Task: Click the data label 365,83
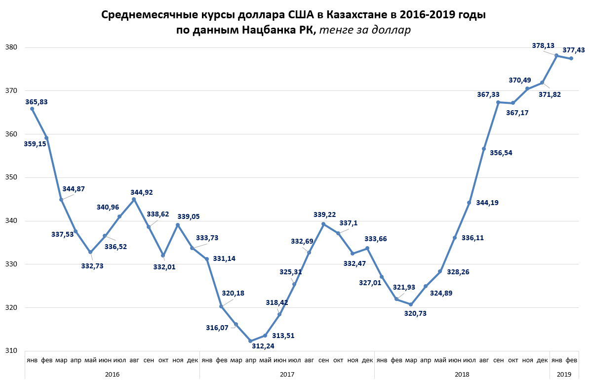click(x=37, y=102)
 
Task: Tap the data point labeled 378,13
click(x=556, y=55)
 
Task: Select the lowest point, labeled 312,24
click(x=250, y=341)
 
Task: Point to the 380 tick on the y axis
click(x=11, y=48)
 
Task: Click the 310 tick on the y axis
click(x=11, y=351)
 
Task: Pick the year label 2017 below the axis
click(x=287, y=375)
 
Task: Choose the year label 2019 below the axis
click(x=564, y=375)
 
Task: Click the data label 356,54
click(x=501, y=153)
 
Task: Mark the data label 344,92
click(x=142, y=192)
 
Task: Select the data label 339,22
click(x=325, y=214)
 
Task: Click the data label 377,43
click(x=574, y=50)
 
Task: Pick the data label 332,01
click(x=164, y=267)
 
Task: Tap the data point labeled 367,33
click(x=498, y=102)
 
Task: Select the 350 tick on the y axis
click(x=11, y=177)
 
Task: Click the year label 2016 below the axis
click(x=112, y=375)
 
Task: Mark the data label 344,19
click(x=487, y=203)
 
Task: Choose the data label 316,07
click(x=218, y=327)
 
